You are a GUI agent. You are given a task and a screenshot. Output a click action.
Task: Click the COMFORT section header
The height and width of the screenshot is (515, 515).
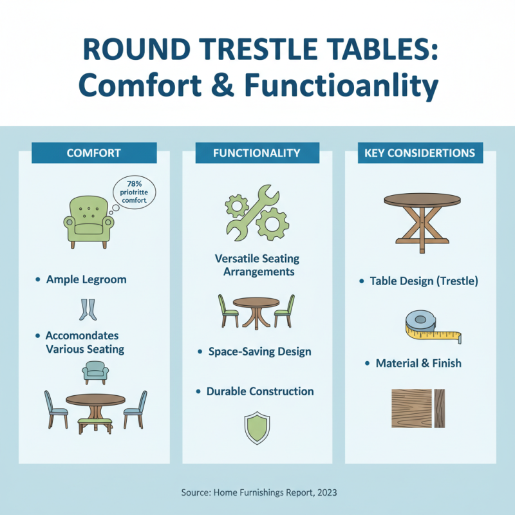[x=94, y=153]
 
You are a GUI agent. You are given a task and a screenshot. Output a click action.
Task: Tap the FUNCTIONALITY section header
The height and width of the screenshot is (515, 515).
[x=257, y=153]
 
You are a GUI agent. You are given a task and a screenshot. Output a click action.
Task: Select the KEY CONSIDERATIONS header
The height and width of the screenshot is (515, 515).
[x=420, y=153]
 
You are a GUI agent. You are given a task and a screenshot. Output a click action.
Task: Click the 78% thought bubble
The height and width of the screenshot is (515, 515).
[x=134, y=191]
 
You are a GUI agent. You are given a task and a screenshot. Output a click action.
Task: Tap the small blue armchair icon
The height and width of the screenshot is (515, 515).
[x=95, y=372]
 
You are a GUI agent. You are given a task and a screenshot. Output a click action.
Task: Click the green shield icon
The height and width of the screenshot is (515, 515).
[x=257, y=427]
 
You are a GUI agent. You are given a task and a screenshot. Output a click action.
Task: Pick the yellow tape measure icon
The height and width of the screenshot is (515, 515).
[x=432, y=326]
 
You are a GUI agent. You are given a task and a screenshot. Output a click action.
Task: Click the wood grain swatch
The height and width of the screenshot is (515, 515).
[x=419, y=408]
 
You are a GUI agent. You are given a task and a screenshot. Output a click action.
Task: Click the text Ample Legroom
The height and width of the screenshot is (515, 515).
[x=86, y=280]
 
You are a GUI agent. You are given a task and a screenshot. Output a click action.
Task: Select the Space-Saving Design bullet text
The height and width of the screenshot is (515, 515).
[x=259, y=352]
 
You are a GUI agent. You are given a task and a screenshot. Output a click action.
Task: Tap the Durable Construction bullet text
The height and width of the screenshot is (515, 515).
[x=260, y=391]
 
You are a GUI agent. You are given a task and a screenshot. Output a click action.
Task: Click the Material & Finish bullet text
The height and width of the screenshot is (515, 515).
[x=418, y=363]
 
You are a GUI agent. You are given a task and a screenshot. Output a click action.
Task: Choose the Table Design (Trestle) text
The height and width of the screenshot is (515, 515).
[x=424, y=281]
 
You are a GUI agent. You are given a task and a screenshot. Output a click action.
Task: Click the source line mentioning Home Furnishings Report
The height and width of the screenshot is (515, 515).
[x=257, y=492]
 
